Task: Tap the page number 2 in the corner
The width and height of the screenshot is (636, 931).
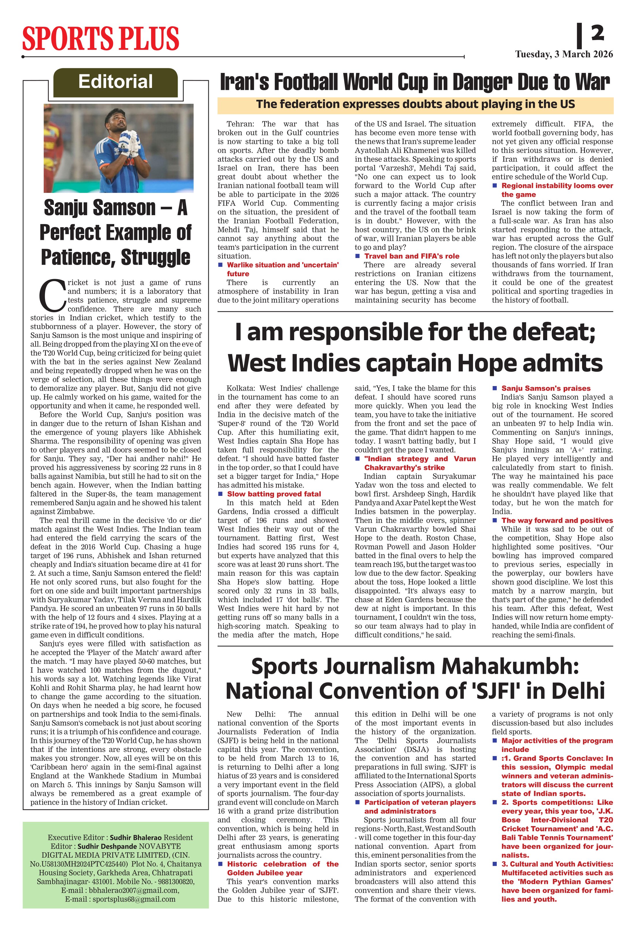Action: pos(597,33)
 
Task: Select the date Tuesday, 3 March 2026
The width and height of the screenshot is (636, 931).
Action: pos(564,54)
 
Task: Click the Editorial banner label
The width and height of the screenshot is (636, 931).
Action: pos(115,82)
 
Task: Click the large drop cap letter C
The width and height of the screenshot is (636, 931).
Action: pos(52,296)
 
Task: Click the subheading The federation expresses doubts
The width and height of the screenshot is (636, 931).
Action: pos(415,105)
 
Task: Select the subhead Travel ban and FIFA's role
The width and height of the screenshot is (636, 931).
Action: pos(412,256)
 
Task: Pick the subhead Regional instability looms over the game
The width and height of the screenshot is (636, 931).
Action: pos(557,190)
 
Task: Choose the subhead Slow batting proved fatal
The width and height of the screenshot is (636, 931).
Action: pos(274,494)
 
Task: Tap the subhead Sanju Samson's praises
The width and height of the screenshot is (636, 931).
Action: pos(546,388)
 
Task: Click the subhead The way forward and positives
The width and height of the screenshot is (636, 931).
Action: pos(557,520)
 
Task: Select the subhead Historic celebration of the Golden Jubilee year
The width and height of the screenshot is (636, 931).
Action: pos(283,868)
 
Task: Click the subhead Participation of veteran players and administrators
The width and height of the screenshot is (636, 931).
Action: pos(420,806)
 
